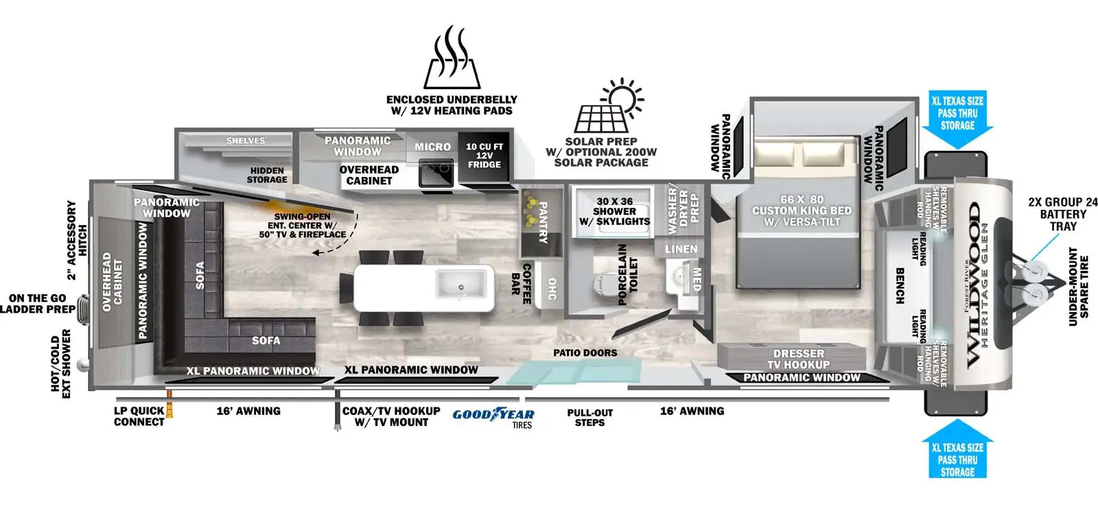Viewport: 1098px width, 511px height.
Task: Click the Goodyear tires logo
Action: point(493,415)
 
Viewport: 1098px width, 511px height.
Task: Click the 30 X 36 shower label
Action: point(614,211)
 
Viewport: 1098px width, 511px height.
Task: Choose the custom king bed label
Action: point(802,211)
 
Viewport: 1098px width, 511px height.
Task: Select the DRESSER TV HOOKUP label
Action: point(798,359)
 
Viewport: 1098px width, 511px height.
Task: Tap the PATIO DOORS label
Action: point(585,353)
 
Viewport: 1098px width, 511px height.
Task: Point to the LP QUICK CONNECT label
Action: point(139,416)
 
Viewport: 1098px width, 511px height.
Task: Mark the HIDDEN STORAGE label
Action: point(267,175)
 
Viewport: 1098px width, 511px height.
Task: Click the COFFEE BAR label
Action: point(521,283)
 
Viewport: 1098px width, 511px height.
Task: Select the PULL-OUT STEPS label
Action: point(589,418)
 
